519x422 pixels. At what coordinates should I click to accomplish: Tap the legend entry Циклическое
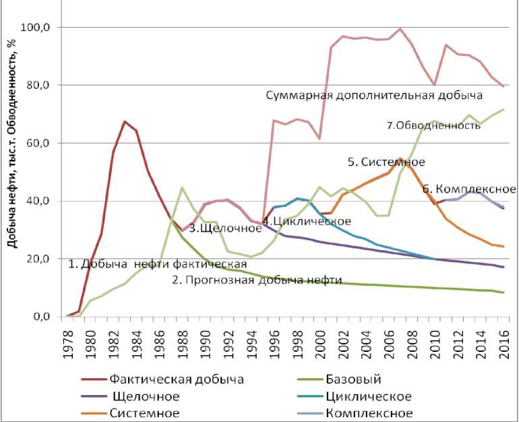375,396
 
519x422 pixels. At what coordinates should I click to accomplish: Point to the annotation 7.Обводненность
433,125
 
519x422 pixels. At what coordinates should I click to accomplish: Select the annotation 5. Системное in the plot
386,162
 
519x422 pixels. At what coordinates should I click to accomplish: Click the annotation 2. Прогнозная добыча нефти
257,280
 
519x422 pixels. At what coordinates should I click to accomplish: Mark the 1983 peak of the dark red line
125,121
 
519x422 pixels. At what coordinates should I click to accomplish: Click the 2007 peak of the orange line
399,159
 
